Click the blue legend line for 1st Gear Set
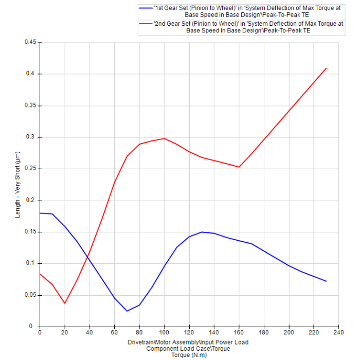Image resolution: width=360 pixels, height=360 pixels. coord(146,8)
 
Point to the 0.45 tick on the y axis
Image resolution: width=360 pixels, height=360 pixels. coord(31,42)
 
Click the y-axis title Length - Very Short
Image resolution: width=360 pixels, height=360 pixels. coord(18,184)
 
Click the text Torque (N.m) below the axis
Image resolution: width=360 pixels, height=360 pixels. coord(188,355)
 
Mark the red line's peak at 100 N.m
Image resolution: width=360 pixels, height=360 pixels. coord(165,138)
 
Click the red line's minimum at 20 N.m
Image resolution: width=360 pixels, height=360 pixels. coord(65,303)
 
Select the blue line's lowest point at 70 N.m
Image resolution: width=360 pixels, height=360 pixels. coord(127,311)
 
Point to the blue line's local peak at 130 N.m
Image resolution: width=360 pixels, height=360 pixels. coord(202,232)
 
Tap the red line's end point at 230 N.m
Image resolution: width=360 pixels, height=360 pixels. coord(327,68)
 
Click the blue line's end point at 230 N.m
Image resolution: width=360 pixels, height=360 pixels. coord(327,281)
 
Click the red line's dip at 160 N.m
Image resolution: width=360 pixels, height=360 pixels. coord(239,167)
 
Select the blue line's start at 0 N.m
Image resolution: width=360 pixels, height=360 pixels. coord(40,213)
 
